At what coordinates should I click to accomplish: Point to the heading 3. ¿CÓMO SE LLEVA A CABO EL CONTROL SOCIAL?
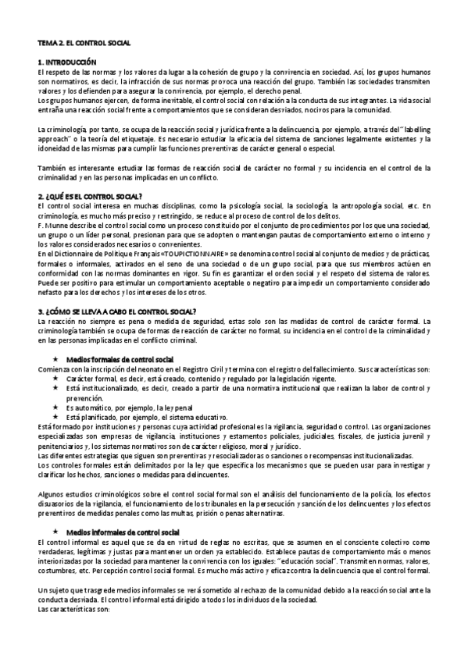tap(123, 311)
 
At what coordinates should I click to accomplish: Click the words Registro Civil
tap(221, 367)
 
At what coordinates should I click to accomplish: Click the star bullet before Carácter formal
tap(56, 375)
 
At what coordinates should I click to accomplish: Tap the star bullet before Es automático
tap(56, 408)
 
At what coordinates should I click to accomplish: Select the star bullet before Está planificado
tap(56, 417)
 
